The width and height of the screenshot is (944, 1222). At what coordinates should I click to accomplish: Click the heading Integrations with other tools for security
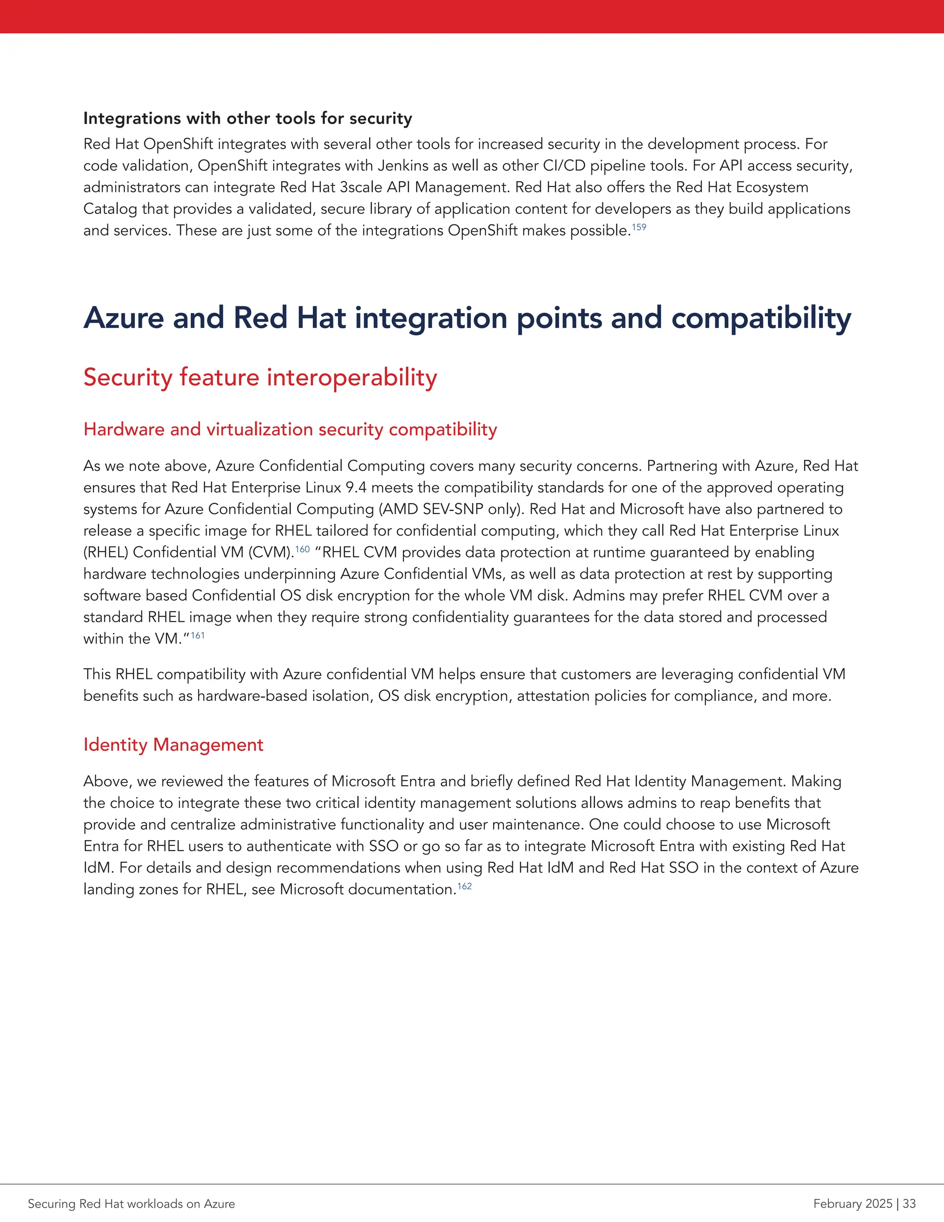pos(247,119)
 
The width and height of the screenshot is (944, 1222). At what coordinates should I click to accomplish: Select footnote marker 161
pos(197,635)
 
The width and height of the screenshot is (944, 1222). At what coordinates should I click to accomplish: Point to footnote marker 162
pos(464,886)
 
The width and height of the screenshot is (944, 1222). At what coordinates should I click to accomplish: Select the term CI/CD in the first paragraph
pos(563,166)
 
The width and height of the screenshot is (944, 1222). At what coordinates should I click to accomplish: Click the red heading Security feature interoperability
pos(260,377)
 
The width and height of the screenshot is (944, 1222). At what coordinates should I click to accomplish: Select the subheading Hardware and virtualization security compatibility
pos(289,429)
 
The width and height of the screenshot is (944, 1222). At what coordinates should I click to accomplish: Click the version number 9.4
pos(356,487)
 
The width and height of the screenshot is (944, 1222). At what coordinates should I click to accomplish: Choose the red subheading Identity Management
pos(173,745)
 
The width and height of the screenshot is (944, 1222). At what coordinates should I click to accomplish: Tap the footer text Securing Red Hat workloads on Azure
pos(131,1204)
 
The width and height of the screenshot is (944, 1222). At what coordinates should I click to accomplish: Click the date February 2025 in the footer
pos(852,1204)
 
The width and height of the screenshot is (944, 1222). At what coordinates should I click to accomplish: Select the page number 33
pos(909,1204)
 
